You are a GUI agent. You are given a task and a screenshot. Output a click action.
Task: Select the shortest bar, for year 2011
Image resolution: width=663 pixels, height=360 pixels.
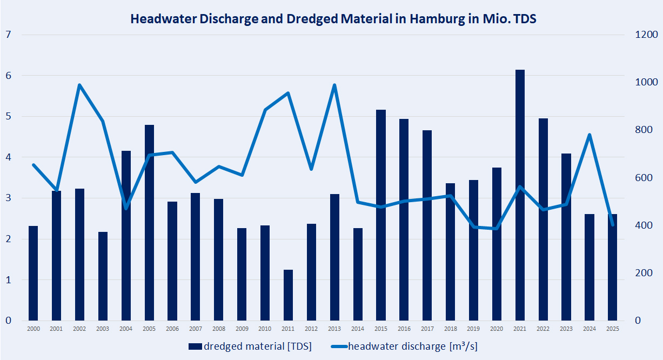coord(288,295)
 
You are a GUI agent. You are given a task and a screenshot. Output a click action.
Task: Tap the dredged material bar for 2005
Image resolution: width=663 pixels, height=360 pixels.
coord(149,222)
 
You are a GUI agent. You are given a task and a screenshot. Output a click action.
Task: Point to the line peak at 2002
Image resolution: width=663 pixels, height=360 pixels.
coord(79,85)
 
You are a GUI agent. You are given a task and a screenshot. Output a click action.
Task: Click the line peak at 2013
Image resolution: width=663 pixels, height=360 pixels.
coord(334,85)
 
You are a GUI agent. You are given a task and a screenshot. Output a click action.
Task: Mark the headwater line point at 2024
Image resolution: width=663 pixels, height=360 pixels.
coord(589,135)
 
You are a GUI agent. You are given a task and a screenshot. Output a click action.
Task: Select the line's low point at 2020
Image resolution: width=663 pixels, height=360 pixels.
coord(497,229)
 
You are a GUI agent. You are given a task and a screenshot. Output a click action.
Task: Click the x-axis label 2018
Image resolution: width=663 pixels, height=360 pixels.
coord(450,329)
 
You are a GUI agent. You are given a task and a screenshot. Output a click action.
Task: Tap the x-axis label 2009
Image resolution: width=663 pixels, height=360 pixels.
coord(242,329)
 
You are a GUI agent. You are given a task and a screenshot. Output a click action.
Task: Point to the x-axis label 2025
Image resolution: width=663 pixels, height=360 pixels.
coord(612,329)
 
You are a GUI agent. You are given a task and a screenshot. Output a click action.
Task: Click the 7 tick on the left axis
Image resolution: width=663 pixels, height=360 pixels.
coord(8,35)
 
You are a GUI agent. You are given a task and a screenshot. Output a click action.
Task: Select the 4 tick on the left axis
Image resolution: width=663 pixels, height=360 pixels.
coord(8,157)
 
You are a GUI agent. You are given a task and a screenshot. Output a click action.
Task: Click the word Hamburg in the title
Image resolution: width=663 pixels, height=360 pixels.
coord(436,19)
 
